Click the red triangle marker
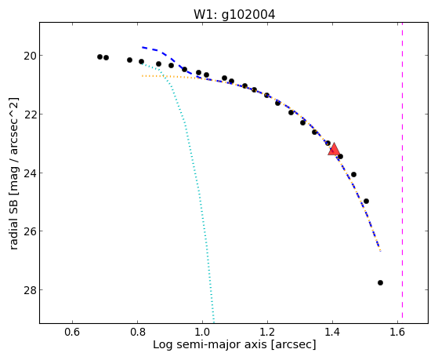click(334, 149)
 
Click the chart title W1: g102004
click(234, 15)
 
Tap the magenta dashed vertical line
click(402, 170)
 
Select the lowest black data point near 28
click(380, 283)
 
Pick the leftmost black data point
click(100, 56)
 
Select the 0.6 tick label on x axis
click(72, 332)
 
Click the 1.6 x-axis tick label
click(397, 332)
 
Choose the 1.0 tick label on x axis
click(202, 332)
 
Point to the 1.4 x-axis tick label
click(332, 332)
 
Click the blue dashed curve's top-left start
click(142, 47)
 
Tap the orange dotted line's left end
click(142, 76)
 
